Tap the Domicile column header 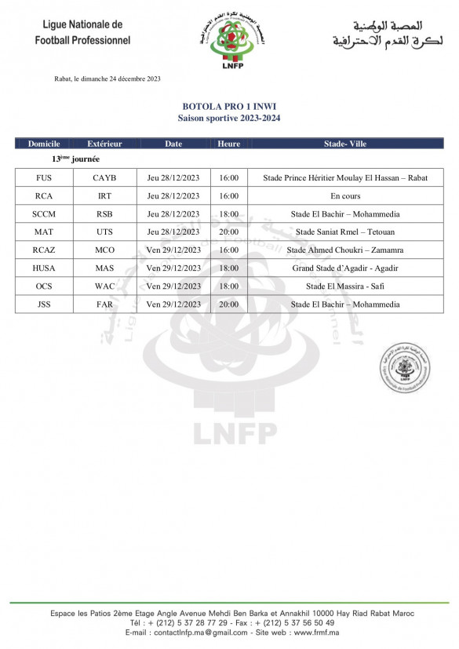tap(44, 144)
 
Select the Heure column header tap(229, 144)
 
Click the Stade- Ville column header tap(345, 144)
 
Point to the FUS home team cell tap(44, 178)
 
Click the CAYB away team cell tap(104, 178)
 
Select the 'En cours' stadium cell tap(345, 196)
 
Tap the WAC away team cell tap(104, 286)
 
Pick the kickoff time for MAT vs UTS tap(229, 232)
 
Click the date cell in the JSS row tap(173, 304)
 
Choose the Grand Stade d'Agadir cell tap(345, 268)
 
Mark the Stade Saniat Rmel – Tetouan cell tap(345, 232)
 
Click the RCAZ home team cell tap(44, 250)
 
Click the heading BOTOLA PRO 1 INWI tap(229, 106)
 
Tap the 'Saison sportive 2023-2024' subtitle tap(229, 118)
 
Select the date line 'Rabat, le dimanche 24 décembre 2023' tap(107, 78)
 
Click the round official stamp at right tap(405, 368)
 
